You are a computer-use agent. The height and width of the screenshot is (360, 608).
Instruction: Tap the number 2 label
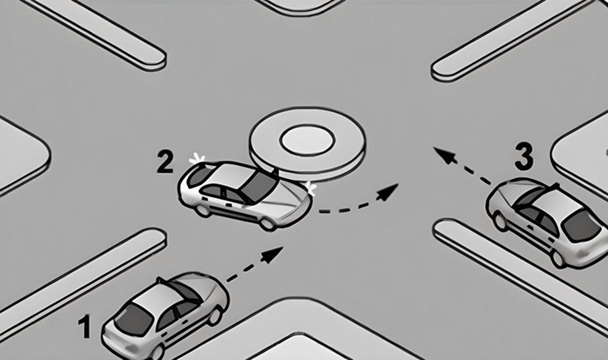(165, 162)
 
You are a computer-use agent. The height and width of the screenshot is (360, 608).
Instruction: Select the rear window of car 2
(198, 176)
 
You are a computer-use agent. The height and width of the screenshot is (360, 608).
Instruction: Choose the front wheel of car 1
(214, 316)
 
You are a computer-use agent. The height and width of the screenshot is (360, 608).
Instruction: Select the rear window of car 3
(582, 226)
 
